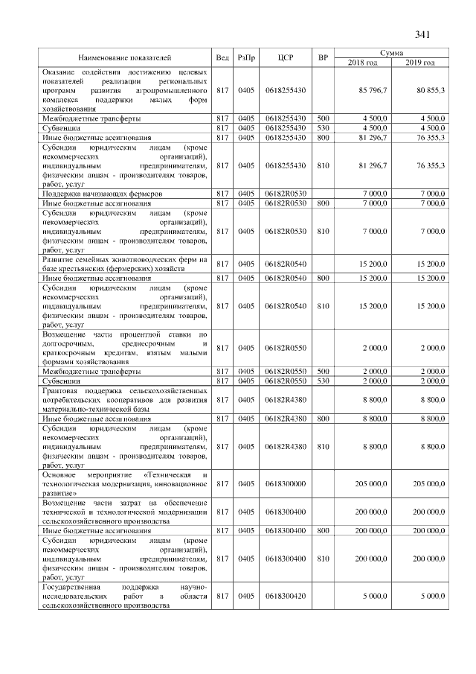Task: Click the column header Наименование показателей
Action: pyautogui.click(x=124, y=58)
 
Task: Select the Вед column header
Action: pyautogui.click(x=222, y=58)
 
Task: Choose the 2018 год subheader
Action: pyautogui.click(x=363, y=63)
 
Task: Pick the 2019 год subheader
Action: pyautogui.click(x=420, y=63)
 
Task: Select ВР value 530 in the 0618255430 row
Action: pyautogui.click(x=323, y=128)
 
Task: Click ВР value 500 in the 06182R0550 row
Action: pyautogui.click(x=323, y=371)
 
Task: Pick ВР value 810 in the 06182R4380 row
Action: pyautogui.click(x=323, y=446)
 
